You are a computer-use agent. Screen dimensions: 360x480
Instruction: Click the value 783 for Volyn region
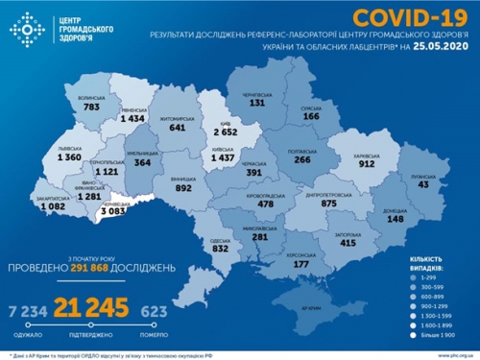click(91, 108)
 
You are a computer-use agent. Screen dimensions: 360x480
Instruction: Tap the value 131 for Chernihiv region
click(256, 103)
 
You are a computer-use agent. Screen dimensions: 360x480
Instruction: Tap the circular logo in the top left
click(28, 30)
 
